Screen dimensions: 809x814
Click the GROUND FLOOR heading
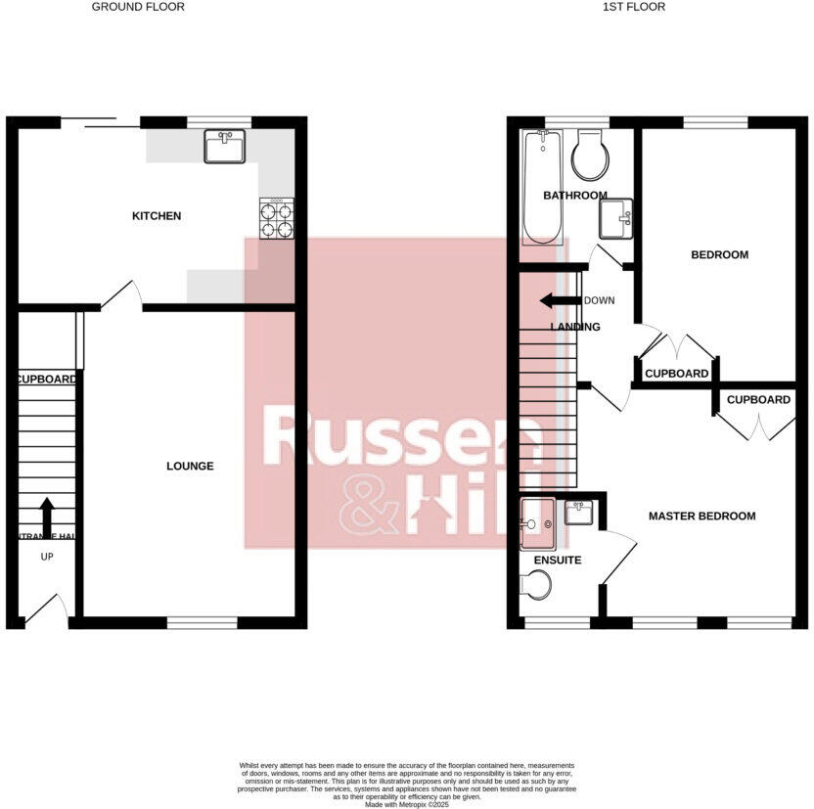click(138, 7)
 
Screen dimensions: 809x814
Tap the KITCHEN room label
click(157, 215)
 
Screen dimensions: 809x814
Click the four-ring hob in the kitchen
click(276, 219)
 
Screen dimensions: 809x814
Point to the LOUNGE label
click(190, 466)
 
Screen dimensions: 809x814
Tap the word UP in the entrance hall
click(47, 557)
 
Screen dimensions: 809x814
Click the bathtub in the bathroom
click(541, 186)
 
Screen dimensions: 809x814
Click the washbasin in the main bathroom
click(616, 217)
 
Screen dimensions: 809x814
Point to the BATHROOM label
click(575, 196)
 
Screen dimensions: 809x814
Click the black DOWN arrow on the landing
click(561, 301)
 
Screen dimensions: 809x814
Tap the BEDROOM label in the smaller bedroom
click(719, 254)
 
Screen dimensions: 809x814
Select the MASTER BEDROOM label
click(701, 516)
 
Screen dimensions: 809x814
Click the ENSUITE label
click(558, 561)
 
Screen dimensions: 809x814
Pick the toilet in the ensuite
click(536, 585)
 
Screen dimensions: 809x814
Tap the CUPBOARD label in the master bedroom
click(758, 400)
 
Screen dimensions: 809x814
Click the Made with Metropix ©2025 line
click(406, 804)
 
